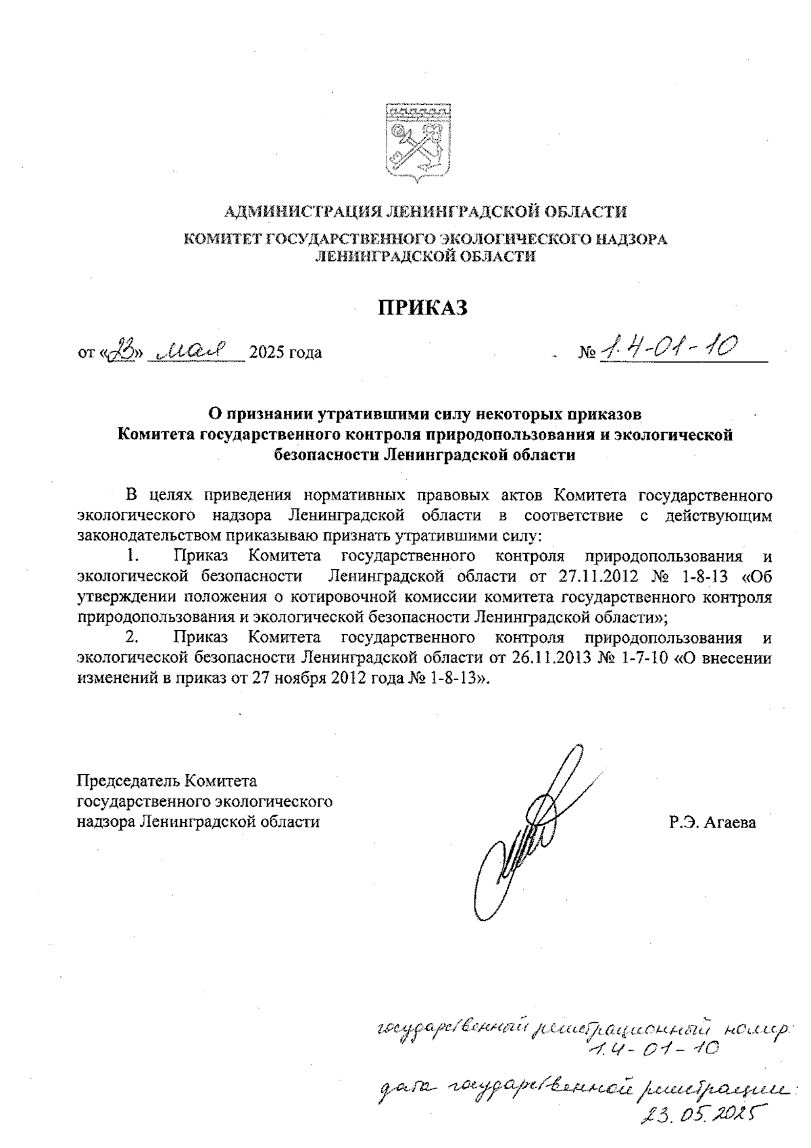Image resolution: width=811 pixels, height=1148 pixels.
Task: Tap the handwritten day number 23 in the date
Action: click(128, 350)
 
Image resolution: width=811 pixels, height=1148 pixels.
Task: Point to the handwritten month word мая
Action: click(195, 350)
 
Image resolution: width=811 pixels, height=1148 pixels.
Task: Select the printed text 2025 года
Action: click(285, 353)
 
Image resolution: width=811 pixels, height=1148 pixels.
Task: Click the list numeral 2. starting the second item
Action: click(133, 637)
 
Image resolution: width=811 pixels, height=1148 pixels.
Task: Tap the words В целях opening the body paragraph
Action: click(157, 495)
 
